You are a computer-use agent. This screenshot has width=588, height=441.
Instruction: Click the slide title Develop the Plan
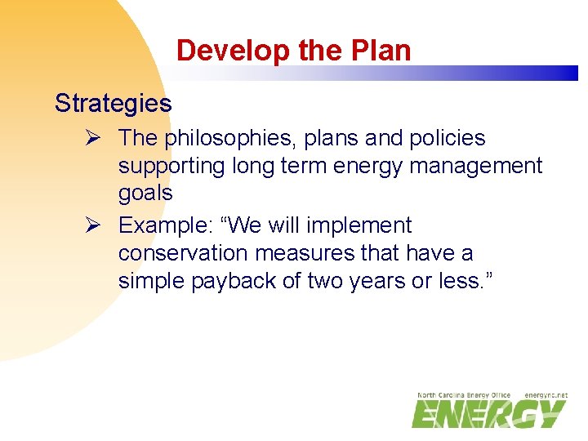pyautogui.click(x=293, y=51)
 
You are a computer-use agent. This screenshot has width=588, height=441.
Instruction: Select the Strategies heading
pyautogui.click(x=113, y=104)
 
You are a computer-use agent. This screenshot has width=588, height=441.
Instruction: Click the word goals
pyautogui.click(x=145, y=194)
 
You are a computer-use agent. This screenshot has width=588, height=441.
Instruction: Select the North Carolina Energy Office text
pyautogui.click(x=463, y=395)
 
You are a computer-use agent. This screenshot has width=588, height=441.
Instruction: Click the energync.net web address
pyautogui.click(x=546, y=395)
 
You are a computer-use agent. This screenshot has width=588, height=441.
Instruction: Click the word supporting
pyautogui.click(x=171, y=167)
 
